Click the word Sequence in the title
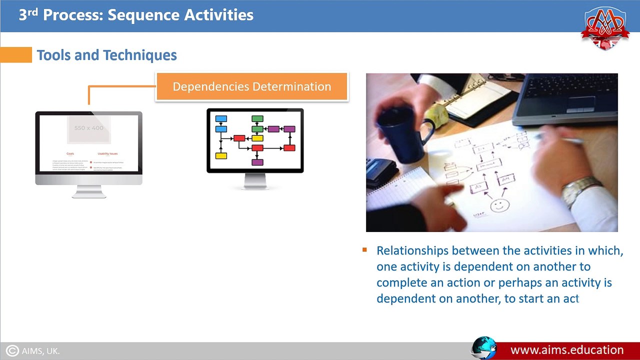click(x=143, y=15)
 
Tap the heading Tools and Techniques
click(x=106, y=55)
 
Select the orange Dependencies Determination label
click(x=251, y=86)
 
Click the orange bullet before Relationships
click(x=364, y=250)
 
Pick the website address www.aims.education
click(x=566, y=350)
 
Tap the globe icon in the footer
click(x=483, y=348)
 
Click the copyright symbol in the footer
click(x=13, y=351)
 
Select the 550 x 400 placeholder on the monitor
click(x=88, y=128)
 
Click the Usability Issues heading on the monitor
click(x=107, y=153)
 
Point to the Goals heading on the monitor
click(x=70, y=153)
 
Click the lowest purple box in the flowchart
click(x=257, y=162)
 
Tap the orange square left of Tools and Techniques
click(x=15, y=55)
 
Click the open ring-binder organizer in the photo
click(x=475, y=97)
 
